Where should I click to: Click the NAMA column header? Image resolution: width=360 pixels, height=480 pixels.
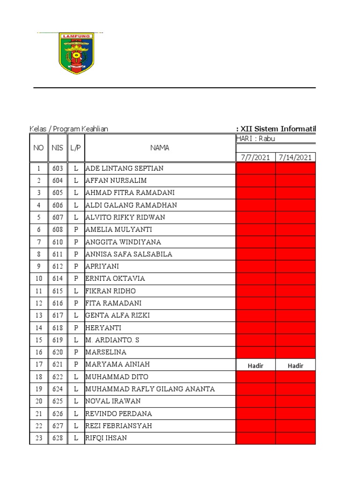point(160,148)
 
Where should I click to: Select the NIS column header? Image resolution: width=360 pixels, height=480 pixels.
point(58,148)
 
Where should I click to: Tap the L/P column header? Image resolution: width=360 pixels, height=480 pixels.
point(76,148)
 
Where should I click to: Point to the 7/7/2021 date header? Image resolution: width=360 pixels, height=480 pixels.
point(255,157)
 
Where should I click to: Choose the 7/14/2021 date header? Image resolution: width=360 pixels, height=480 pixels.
point(295,157)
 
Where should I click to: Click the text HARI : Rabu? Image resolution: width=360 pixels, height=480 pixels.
point(255,138)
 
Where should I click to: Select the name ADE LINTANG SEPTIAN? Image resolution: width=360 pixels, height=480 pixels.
point(124,168)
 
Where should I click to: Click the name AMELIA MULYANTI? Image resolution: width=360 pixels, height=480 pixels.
point(119,230)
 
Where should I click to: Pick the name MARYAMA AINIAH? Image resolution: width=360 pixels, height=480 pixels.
point(118,364)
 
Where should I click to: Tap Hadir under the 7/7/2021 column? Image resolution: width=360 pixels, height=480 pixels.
point(255,366)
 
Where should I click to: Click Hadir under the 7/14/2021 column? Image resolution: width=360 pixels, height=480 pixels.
point(295,366)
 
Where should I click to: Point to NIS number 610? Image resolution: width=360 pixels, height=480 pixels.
point(58,242)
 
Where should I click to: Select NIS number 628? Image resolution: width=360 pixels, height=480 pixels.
point(58,438)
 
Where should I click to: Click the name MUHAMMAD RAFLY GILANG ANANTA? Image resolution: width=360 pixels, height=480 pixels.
point(150,389)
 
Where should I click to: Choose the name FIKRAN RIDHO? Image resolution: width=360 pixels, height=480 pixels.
point(111,291)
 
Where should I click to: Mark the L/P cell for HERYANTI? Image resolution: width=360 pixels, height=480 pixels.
point(76,328)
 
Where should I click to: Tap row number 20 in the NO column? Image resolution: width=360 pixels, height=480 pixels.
point(39,401)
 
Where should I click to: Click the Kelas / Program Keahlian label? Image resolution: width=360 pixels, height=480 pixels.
point(69,129)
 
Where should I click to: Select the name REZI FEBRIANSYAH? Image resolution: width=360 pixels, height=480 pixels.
point(119,426)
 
